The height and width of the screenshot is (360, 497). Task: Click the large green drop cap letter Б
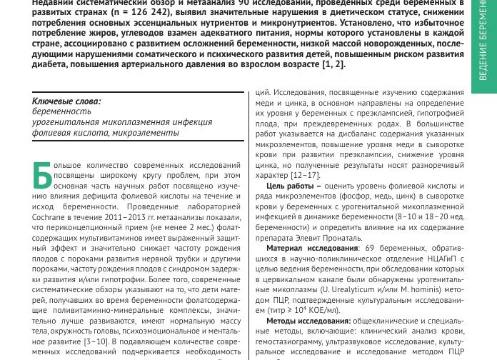pos(42,176)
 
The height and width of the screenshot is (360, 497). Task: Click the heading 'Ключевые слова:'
pos(66,101)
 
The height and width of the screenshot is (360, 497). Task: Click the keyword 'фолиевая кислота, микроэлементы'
pos(105,133)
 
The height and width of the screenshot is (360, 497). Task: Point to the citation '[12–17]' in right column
pos(304,175)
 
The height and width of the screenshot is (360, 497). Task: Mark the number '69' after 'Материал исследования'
pos(370,248)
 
